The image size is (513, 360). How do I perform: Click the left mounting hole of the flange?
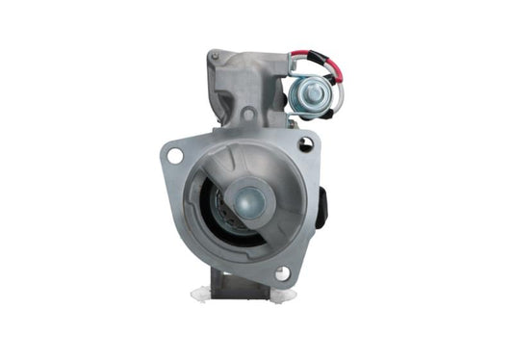click(174, 154)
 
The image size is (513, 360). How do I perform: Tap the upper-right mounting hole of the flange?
click(305, 144)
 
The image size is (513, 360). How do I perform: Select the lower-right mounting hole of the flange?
click(281, 274)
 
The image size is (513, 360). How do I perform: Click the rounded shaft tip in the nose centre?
click(248, 200)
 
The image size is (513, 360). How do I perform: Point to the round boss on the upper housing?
click(249, 115)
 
